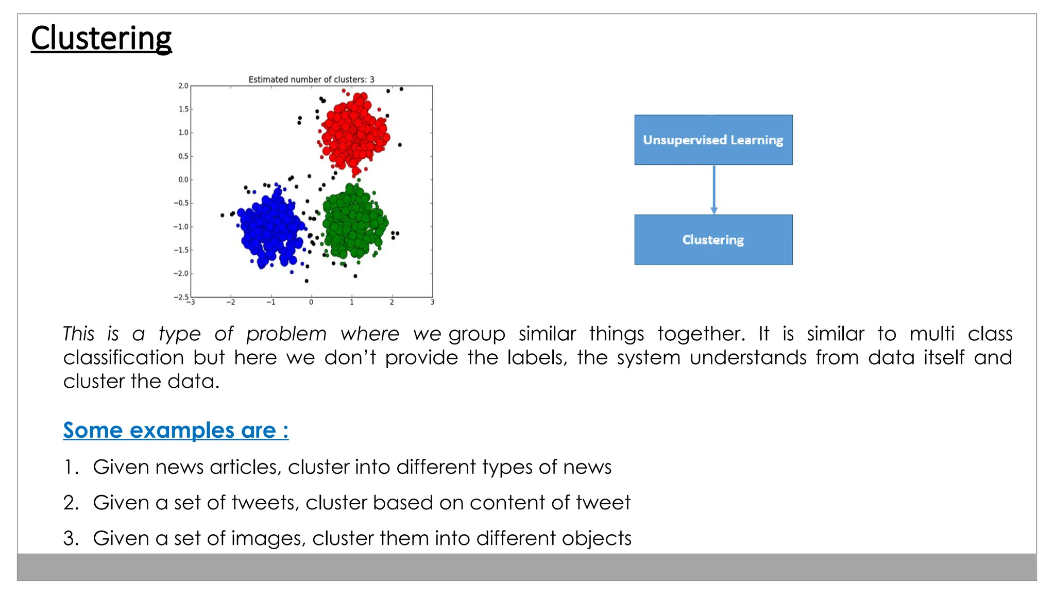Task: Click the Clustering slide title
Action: (101, 38)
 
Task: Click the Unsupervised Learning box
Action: (713, 140)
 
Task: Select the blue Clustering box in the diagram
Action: (713, 240)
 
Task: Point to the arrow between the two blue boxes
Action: (713, 189)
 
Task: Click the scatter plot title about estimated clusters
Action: (311, 79)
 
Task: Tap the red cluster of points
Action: (353, 133)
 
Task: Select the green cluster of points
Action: (354, 222)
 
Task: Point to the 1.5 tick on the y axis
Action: (183, 109)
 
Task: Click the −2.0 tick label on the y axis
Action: (181, 274)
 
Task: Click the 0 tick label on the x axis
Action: (311, 302)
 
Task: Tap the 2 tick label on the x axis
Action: (392, 302)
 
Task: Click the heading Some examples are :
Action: (176, 430)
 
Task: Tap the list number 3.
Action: (70, 538)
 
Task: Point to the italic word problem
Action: (286, 334)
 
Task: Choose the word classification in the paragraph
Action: (124, 357)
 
